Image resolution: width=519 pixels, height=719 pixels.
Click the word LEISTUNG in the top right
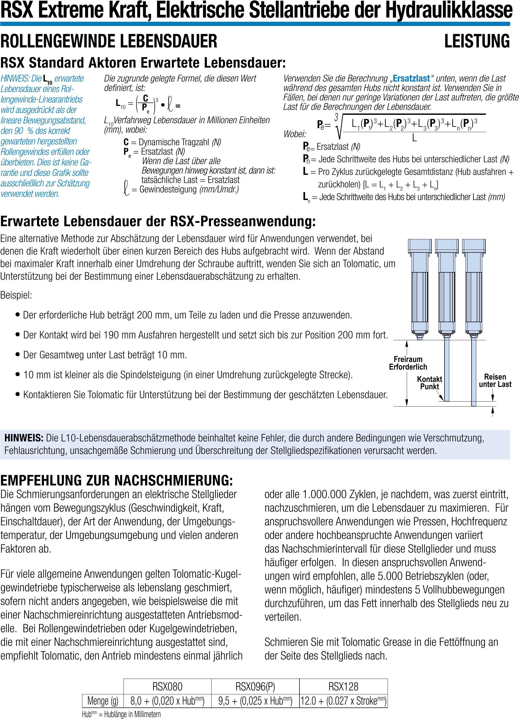point(477,41)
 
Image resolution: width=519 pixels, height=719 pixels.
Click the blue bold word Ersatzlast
point(411,78)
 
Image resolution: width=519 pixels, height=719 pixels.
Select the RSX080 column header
point(167,686)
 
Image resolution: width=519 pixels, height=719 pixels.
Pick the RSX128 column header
point(343,686)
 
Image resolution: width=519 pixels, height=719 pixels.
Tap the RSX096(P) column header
point(255,686)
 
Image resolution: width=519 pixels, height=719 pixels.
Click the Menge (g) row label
point(103,701)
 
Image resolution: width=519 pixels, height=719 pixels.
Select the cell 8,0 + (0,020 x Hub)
point(167,701)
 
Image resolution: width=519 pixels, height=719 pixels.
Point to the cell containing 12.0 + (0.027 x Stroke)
point(343,701)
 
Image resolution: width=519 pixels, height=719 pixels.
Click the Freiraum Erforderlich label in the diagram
point(408,363)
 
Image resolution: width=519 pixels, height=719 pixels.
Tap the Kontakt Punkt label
point(430,383)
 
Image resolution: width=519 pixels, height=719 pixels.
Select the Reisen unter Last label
point(495,380)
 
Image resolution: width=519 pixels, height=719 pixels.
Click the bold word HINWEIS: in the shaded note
point(24,438)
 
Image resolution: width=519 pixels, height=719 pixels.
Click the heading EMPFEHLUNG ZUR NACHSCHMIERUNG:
point(116,480)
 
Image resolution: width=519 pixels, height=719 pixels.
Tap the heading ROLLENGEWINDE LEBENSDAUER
point(109,41)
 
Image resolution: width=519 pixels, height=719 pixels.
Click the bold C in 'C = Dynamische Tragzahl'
point(126,142)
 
